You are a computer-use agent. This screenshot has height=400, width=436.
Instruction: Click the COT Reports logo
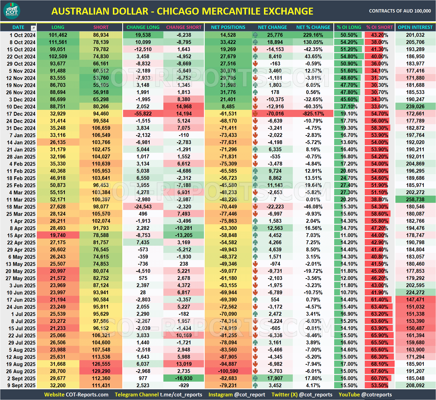[12, 11]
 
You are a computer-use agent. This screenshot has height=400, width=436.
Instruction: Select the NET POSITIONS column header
[228, 27]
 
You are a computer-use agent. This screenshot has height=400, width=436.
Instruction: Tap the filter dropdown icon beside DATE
[33, 28]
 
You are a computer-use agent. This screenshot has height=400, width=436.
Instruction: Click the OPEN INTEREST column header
[415, 27]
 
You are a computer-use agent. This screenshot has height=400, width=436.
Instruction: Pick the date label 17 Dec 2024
[21, 114]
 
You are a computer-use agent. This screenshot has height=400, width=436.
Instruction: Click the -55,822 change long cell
[143, 114]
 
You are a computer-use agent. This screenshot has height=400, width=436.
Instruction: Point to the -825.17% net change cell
[313, 114]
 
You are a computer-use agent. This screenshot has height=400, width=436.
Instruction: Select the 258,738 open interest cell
[415, 199]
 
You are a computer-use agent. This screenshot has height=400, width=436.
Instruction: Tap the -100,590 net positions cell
[228, 371]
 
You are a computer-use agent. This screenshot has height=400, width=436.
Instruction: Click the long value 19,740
[58, 235]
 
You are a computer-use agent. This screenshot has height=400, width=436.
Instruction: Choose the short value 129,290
[101, 371]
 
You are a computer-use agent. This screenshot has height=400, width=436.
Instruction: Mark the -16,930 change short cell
[184, 378]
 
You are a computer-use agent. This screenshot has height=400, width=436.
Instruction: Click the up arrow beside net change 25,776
[255, 35]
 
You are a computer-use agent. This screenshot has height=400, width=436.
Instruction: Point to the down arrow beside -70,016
[255, 114]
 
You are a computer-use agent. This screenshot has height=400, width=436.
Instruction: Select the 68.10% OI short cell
[379, 364]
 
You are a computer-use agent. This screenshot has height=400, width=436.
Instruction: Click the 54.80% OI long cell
[349, 56]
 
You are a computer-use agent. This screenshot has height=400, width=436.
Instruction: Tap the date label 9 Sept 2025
[21, 385]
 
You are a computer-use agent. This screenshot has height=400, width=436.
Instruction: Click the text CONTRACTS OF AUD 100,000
[400, 11]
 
